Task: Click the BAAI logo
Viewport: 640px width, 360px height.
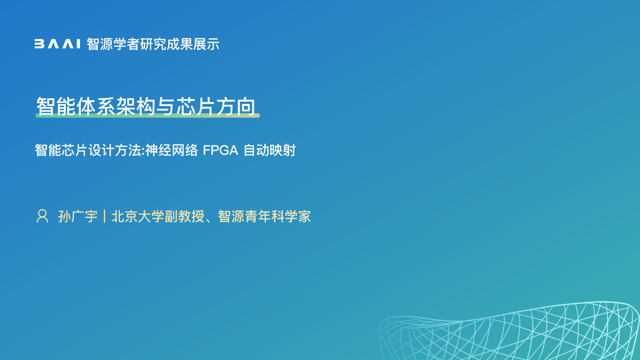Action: [57, 44]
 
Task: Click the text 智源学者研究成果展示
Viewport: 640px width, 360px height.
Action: [153, 44]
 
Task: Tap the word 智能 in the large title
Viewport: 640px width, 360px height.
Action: [56, 107]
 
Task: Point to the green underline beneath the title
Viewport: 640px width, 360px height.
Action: [148, 115]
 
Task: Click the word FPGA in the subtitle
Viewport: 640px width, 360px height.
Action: [220, 150]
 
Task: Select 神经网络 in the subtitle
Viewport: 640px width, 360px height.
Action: [172, 150]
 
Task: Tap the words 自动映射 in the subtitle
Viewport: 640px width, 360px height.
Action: [270, 150]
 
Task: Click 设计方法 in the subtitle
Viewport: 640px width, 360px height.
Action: [115, 150]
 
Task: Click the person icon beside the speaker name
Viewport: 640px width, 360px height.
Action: [42, 216]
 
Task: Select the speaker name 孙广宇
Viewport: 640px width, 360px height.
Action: [78, 216]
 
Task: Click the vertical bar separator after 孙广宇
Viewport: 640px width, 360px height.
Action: [105, 216]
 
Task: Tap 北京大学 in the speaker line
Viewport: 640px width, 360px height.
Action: [138, 216]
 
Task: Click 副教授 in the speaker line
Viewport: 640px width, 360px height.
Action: [184, 216]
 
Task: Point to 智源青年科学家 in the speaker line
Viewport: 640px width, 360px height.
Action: [264, 216]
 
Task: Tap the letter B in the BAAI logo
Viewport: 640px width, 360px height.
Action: [39, 44]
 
